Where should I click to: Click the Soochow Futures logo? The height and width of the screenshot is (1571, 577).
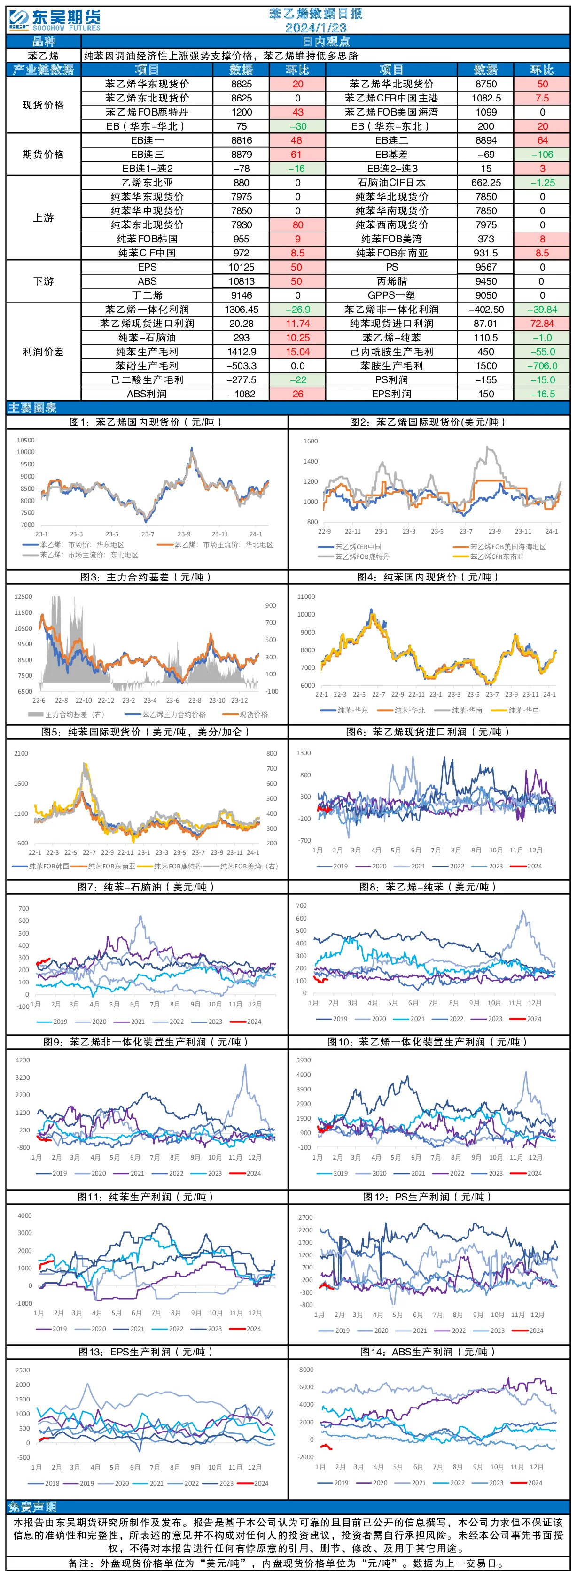[55, 20]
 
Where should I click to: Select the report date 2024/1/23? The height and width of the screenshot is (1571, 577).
[316, 28]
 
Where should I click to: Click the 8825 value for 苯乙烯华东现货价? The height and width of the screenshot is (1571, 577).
[242, 84]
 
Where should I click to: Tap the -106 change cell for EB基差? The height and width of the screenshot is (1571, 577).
[542, 155]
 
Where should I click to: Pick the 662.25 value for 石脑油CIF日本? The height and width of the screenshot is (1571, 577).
[486, 182]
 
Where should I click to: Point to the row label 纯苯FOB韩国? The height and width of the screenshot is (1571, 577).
[147, 239]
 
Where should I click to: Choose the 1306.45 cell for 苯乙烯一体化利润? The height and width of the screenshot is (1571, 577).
[242, 309]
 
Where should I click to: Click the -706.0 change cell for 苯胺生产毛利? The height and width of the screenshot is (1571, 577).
[542, 366]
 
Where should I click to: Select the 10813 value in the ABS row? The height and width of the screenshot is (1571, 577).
[242, 281]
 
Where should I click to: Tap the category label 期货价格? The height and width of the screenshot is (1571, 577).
[43, 155]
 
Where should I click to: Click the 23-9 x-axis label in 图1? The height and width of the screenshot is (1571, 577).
[184, 534]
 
